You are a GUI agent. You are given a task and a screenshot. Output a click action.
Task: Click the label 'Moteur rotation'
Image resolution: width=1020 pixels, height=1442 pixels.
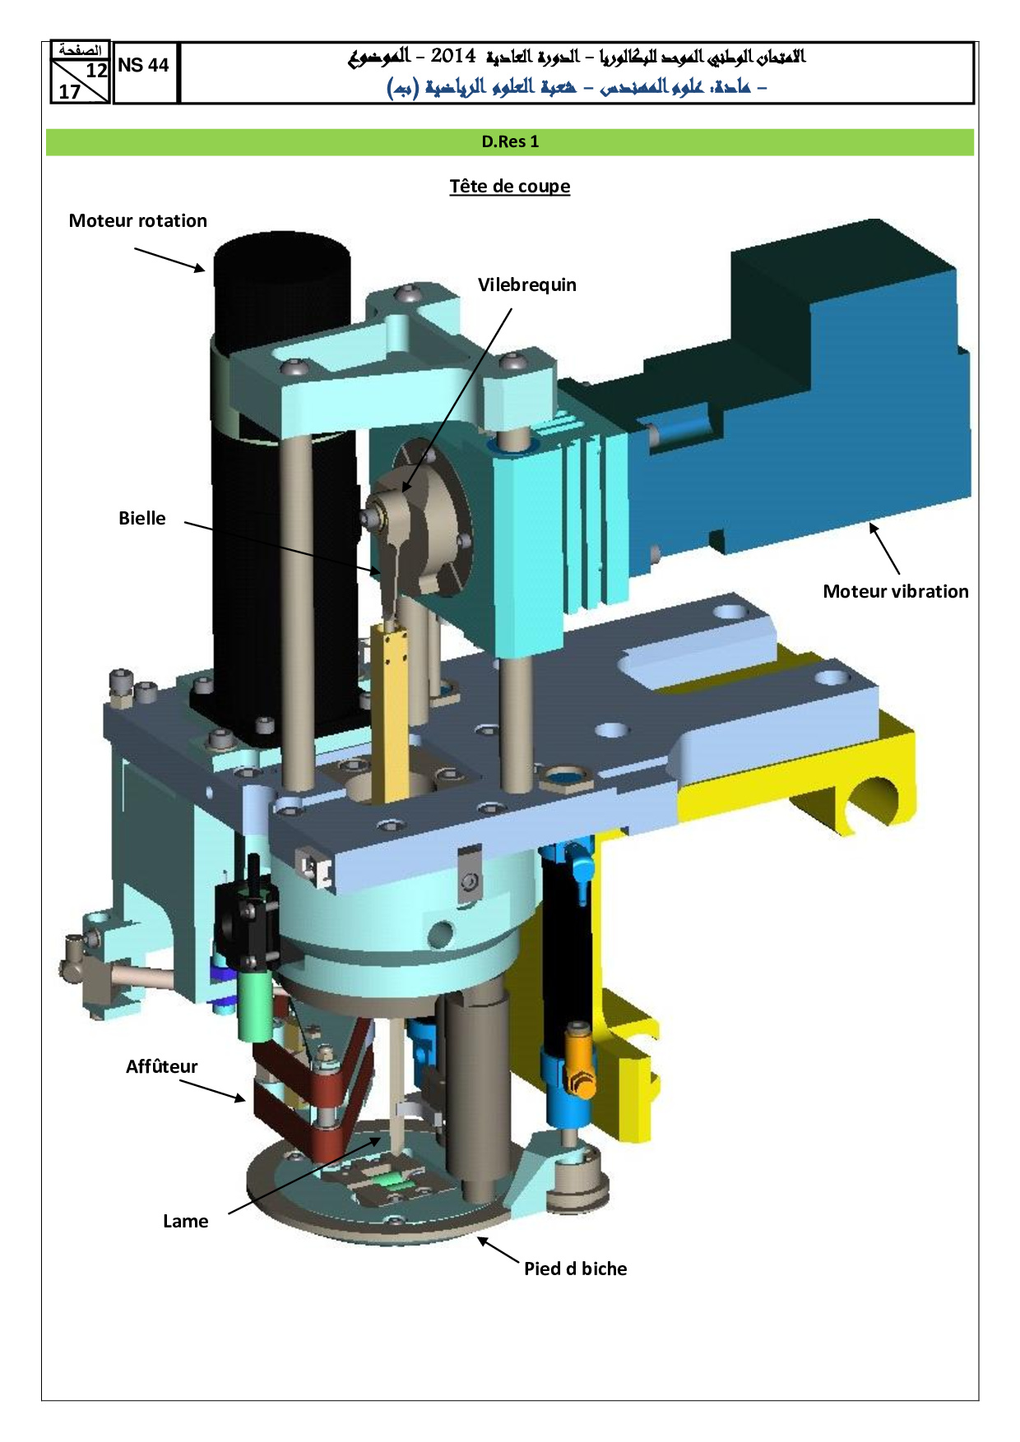[x=137, y=220]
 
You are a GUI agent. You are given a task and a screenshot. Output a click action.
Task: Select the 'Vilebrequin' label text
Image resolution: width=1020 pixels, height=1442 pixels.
[x=527, y=284]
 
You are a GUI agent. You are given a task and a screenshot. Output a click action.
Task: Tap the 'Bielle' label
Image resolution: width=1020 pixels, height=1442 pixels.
[x=141, y=518]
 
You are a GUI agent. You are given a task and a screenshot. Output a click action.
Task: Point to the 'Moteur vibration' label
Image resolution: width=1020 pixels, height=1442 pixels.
[x=896, y=591]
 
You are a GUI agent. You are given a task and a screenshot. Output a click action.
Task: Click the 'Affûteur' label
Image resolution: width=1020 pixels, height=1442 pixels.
[x=161, y=1066]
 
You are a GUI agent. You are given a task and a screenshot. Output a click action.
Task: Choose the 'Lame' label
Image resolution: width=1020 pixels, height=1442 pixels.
[x=185, y=1221]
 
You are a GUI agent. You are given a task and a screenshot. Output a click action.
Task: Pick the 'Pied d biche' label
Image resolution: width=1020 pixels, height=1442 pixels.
[x=575, y=1269]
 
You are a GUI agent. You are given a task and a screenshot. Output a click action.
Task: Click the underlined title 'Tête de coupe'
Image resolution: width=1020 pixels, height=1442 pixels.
[x=510, y=187]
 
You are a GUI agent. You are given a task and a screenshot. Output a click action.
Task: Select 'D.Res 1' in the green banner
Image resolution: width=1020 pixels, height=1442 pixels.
[x=510, y=141]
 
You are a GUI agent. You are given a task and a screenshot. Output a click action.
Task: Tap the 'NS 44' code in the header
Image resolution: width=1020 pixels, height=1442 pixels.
[x=143, y=66]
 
